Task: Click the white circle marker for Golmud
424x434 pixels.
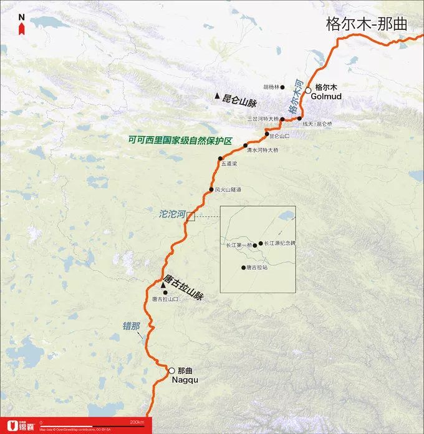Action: pos(308,91)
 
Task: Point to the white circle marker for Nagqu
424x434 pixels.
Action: pos(171,370)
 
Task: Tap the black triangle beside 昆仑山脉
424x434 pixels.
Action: pos(217,96)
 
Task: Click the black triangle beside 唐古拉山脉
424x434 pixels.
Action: pos(163,285)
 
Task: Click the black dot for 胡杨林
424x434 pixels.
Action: pos(282,87)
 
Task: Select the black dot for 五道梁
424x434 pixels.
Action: pos(220,158)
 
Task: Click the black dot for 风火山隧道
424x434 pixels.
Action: pos(211,190)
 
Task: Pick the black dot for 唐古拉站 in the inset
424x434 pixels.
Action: pos(243,268)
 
